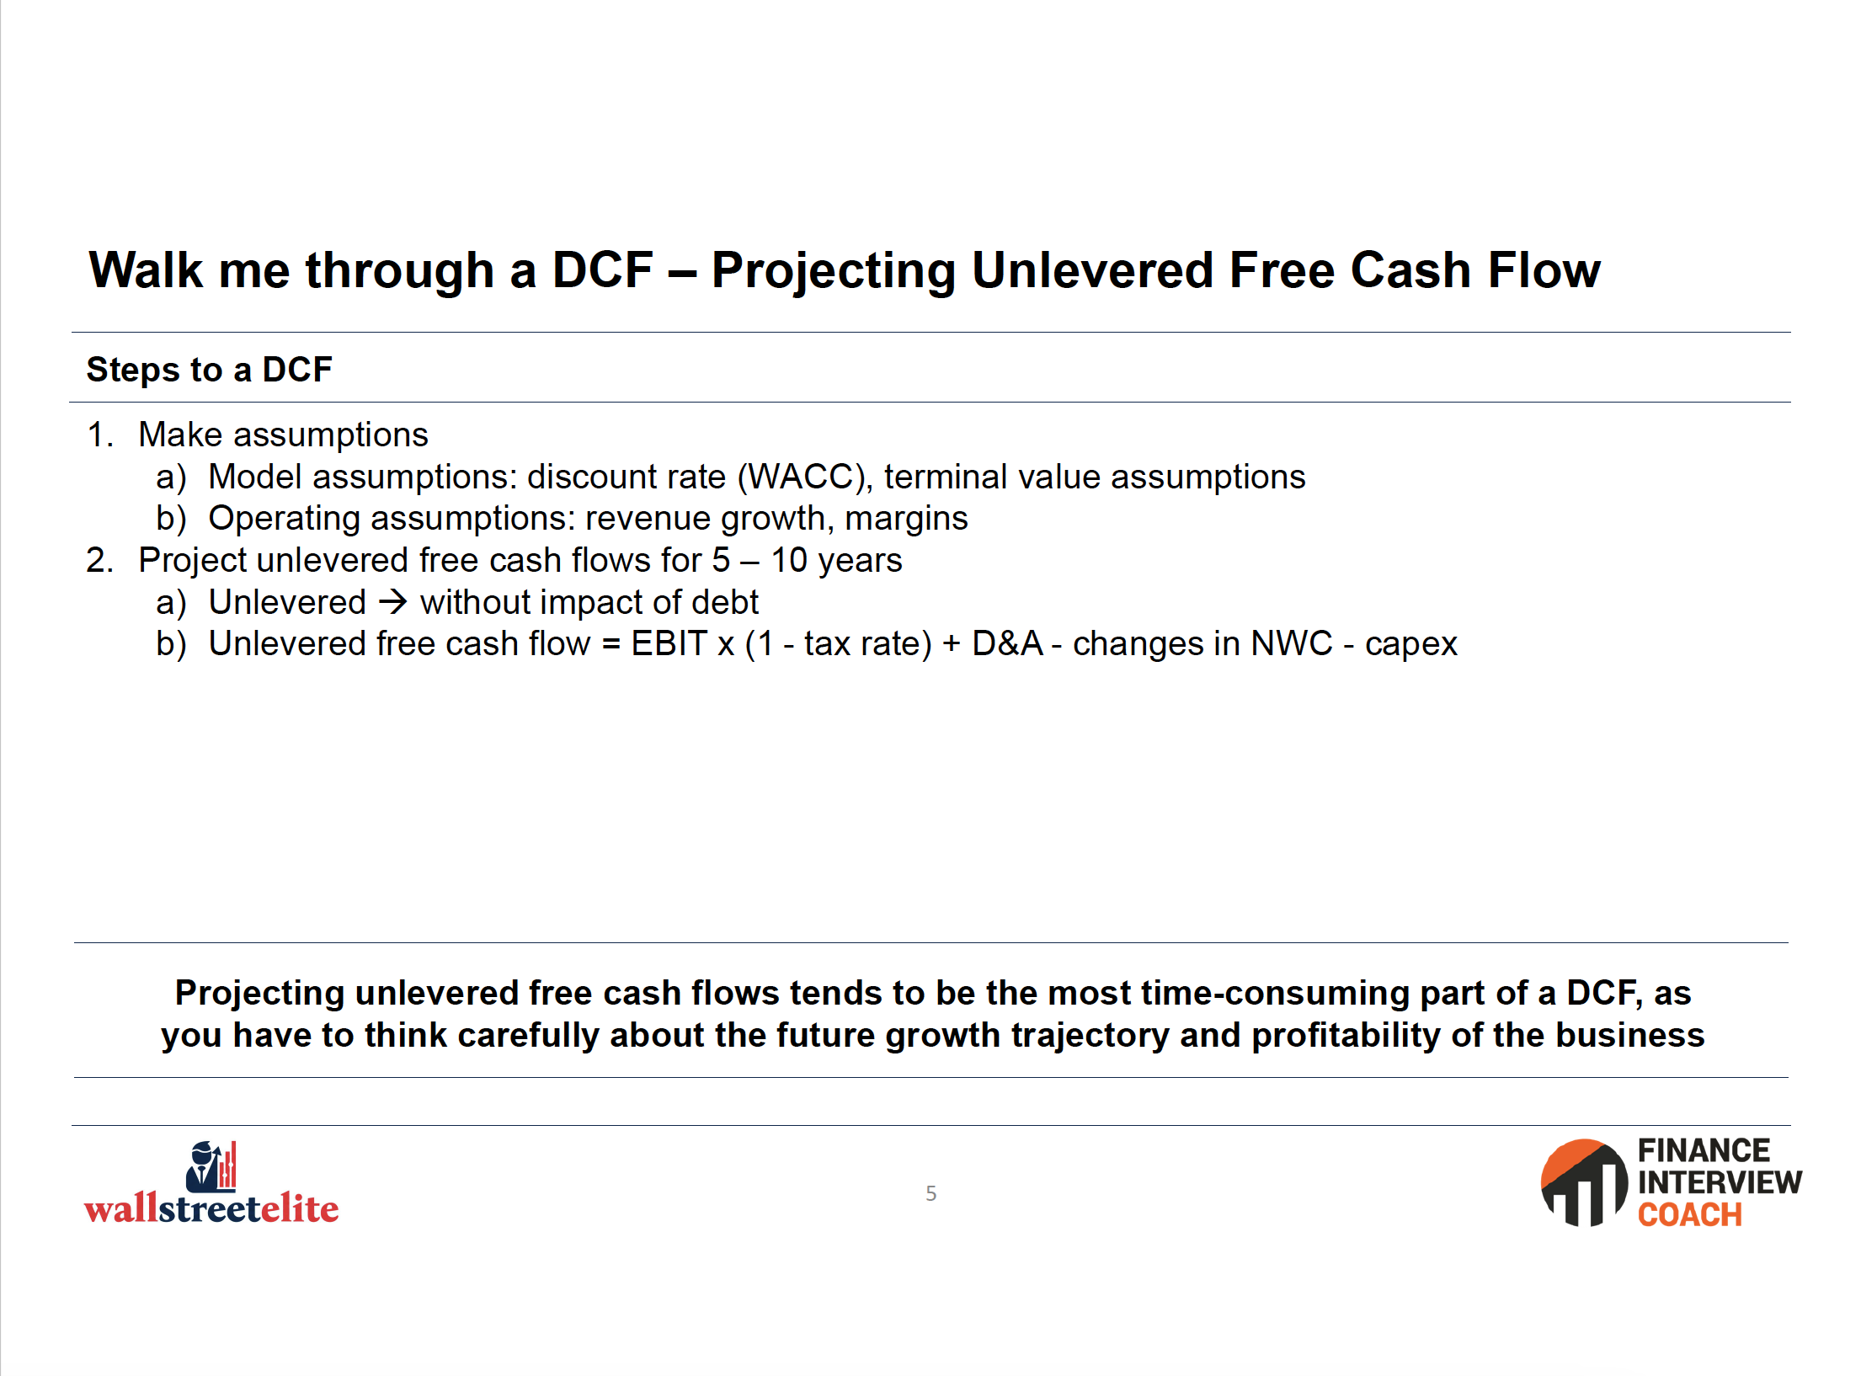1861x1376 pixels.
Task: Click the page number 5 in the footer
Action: pyautogui.click(x=930, y=1193)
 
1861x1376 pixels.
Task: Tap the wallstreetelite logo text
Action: pyautogui.click(x=211, y=1208)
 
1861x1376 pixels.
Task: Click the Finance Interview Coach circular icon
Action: pyautogui.click(x=1584, y=1182)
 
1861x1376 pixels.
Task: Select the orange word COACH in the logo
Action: pyautogui.click(x=1689, y=1214)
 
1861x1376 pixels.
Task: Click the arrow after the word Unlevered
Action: pyautogui.click(x=393, y=602)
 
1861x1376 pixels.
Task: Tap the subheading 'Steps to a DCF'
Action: pyautogui.click(x=210, y=370)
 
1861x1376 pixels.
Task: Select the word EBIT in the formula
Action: pyautogui.click(x=669, y=643)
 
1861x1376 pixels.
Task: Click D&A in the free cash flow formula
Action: pyautogui.click(x=1007, y=643)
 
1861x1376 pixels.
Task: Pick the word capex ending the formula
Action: pyautogui.click(x=1410, y=646)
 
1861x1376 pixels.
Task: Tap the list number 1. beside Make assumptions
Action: pyautogui.click(x=100, y=435)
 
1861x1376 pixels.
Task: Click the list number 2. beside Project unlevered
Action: pyautogui.click(x=100, y=560)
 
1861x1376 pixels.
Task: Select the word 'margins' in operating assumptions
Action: pyautogui.click(x=906, y=520)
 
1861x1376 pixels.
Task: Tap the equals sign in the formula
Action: pyautogui.click(x=611, y=644)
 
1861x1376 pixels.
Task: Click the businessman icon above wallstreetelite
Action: pyautogui.click(x=211, y=1166)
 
